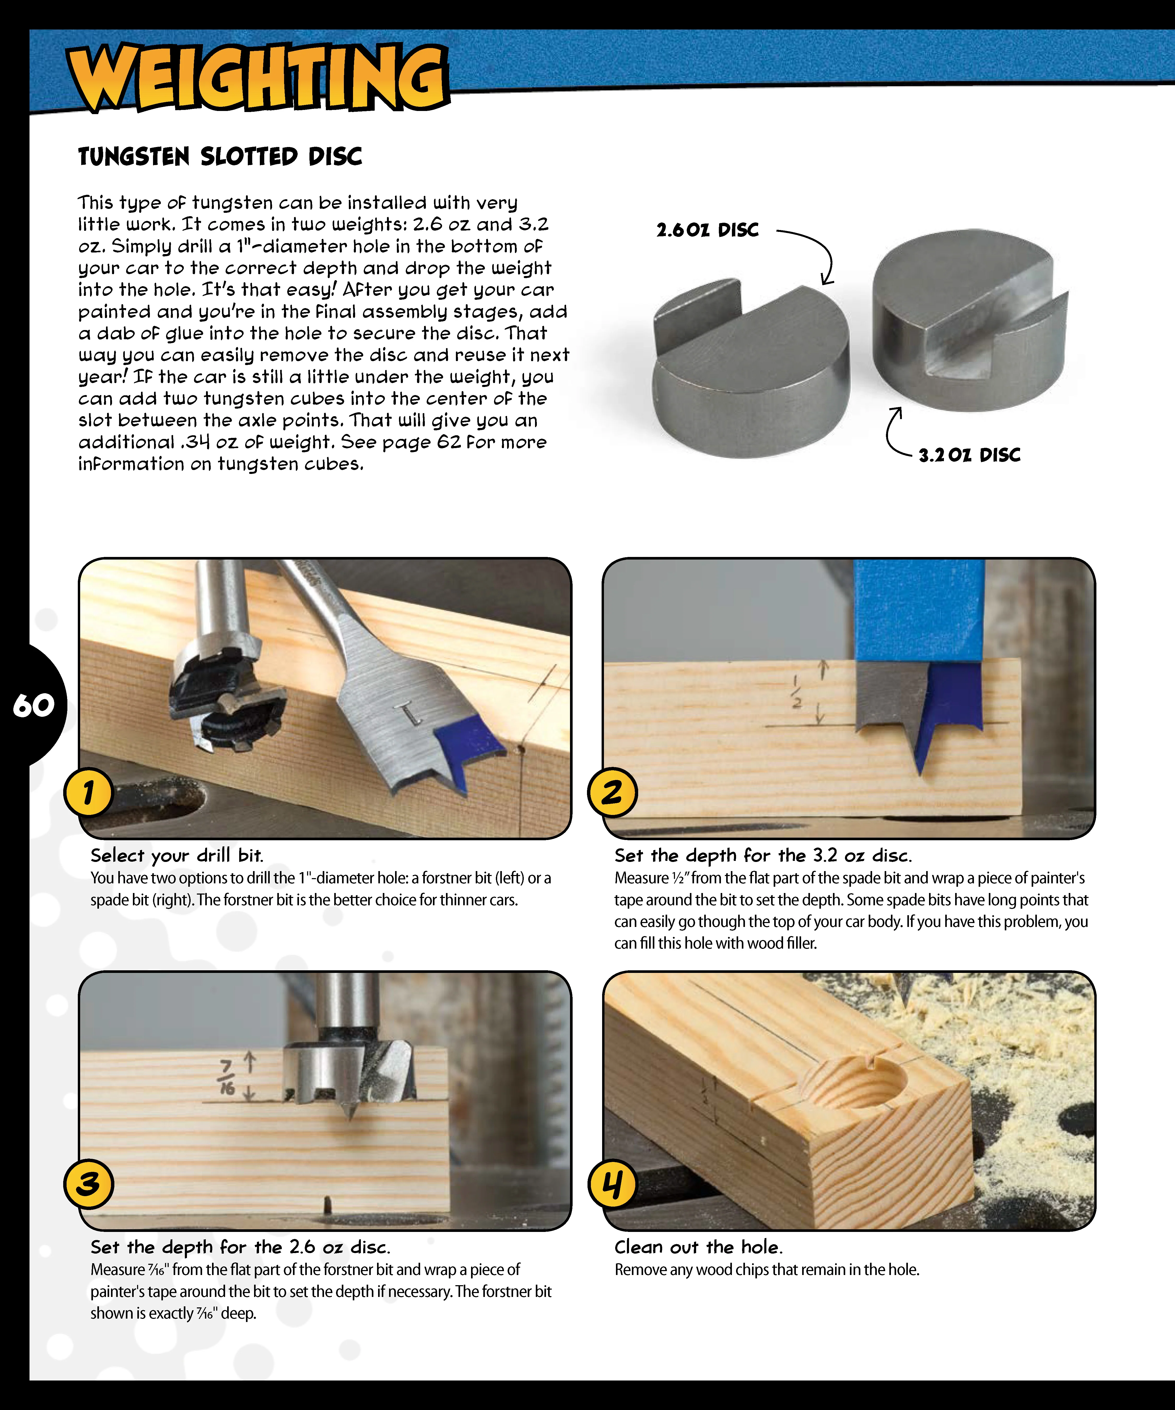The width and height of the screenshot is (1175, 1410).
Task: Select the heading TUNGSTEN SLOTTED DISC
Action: (x=220, y=156)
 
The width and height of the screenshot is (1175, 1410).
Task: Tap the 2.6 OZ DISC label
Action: (x=707, y=230)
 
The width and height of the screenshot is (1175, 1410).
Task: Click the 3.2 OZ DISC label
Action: (x=969, y=455)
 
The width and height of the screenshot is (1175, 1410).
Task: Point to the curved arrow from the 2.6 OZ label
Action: (x=816, y=252)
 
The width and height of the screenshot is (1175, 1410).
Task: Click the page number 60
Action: (x=34, y=705)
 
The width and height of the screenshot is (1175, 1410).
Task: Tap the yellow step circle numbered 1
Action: (x=89, y=792)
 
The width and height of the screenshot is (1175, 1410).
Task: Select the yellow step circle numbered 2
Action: (x=612, y=792)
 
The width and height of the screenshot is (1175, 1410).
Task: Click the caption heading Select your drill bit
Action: (x=177, y=855)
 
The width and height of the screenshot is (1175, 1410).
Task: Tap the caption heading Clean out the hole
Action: (x=698, y=1247)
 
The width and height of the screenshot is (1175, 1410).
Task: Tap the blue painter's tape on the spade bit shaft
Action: (x=918, y=611)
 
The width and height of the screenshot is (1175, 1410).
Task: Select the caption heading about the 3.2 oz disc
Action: (x=763, y=855)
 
